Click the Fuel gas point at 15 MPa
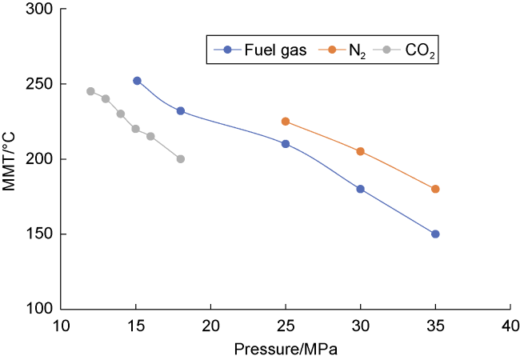pos(137,81)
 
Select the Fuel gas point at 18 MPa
pos(181,111)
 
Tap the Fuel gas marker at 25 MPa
pos(286,144)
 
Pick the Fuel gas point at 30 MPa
pos(360,189)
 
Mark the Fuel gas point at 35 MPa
pos(435,234)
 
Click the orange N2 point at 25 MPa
pos(286,122)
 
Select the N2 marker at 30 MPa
pos(360,151)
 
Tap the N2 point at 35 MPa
pos(435,189)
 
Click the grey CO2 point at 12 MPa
pos(90,91)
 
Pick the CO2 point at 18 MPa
pos(181,158)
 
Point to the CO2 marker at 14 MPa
pos(121,114)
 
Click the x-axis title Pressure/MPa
pos(286,350)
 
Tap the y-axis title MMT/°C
pos(11,158)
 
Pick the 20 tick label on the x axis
pos(210,326)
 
